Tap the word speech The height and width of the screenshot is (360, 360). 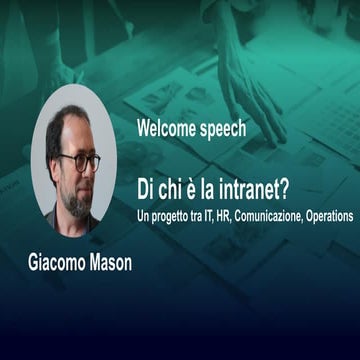pyautogui.click(x=221, y=130)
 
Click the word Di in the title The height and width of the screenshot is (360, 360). pyautogui.click(x=146, y=190)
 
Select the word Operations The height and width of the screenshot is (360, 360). pyautogui.click(x=335, y=214)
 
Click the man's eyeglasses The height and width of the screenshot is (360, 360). pyautogui.click(x=79, y=161)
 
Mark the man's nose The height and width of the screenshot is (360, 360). pyautogui.click(x=81, y=171)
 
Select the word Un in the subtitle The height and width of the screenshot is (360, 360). pyautogui.click(x=144, y=214)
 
